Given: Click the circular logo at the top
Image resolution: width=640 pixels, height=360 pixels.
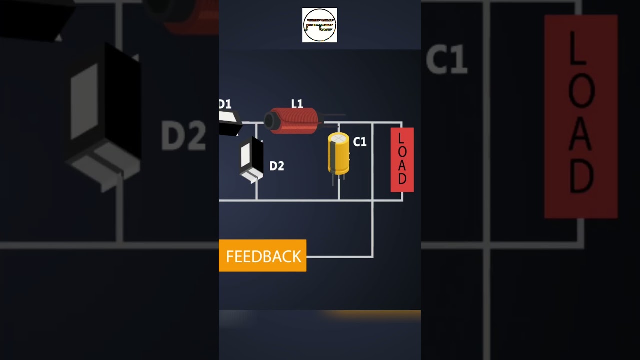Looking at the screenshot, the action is point(320,25).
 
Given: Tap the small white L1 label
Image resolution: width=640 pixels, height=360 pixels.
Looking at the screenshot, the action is point(297,104).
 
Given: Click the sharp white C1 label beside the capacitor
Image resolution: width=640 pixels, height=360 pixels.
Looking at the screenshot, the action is point(360,142).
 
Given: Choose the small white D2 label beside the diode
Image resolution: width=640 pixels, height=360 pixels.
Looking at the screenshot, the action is point(276,166).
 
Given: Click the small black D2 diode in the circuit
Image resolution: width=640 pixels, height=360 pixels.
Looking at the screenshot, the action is point(252,159).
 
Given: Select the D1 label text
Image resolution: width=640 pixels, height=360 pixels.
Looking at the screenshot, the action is point(225,104).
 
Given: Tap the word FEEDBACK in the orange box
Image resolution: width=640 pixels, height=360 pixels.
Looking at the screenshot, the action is point(263,256).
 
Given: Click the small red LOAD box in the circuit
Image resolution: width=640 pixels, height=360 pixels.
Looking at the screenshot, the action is point(402,160).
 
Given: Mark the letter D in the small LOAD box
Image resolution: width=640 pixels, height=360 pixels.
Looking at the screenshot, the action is point(402,179).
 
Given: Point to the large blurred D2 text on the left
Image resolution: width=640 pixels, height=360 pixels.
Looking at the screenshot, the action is point(183,136).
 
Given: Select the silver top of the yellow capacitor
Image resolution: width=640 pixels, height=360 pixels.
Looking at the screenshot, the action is point(339,138).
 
